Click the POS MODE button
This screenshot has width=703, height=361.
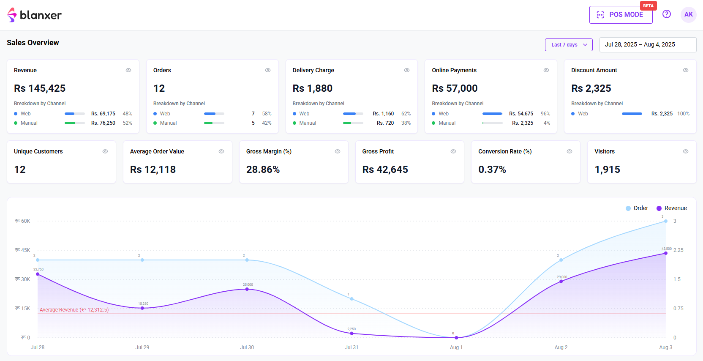(621, 15)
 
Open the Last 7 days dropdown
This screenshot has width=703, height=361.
(569, 45)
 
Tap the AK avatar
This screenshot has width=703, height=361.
(688, 15)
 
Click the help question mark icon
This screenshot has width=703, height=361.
(666, 14)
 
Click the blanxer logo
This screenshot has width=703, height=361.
(34, 15)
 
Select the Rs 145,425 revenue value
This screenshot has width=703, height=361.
(40, 88)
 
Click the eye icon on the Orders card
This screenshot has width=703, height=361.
(267, 70)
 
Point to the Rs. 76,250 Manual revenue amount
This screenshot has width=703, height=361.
(103, 123)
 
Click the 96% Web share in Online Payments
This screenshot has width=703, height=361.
(545, 114)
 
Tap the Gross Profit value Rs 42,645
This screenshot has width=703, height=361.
(385, 170)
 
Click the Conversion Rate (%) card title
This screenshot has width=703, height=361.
(504, 151)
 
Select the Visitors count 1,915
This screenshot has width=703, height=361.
(607, 170)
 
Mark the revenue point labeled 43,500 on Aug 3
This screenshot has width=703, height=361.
(665, 253)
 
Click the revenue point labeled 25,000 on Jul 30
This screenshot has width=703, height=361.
(247, 289)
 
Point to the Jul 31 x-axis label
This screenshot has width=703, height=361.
(351, 347)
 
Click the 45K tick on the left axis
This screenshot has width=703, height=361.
(23, 250)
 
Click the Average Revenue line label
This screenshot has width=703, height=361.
(74, 310)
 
